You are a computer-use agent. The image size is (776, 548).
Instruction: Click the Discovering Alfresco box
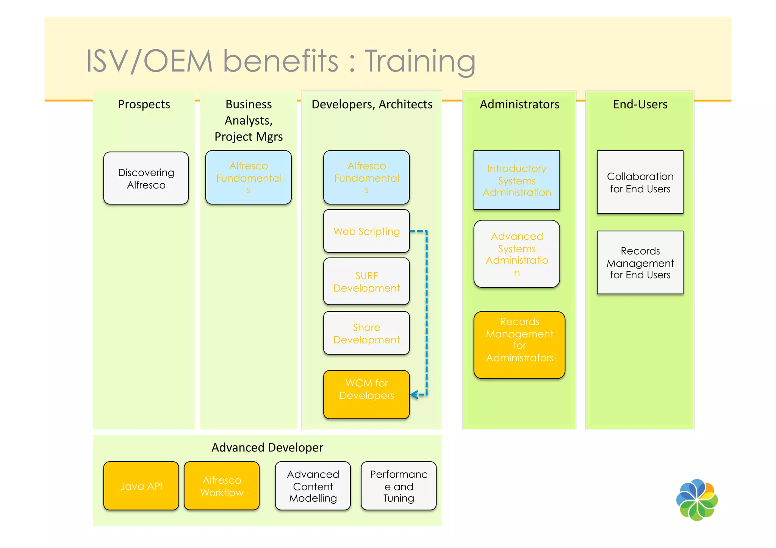[x=146, y=178]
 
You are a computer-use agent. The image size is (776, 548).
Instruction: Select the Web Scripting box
[x=366, y=231]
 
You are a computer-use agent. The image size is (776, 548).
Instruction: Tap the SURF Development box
[x=366, y=281]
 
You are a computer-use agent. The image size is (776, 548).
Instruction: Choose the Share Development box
[x=366, y=333]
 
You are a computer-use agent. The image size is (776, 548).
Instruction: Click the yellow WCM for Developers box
[x=366, y=394]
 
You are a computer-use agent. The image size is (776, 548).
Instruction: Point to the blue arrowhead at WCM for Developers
[x=414, y=395]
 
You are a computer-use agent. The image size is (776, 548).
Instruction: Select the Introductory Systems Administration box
[x=516, y=180]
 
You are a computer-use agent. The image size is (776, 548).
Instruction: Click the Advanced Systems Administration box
[x=516, y=254]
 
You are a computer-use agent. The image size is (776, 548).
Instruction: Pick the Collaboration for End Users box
[x=640, y=182]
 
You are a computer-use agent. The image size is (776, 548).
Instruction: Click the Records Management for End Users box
[x=640, y=262]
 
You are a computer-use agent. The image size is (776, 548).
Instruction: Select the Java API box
[x=141, y=486]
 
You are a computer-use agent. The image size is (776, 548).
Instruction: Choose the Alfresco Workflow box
[x=222, y=486]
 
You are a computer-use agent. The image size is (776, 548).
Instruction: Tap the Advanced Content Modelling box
[x=313, y=486]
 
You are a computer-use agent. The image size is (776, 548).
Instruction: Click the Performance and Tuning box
[x=399, y=486]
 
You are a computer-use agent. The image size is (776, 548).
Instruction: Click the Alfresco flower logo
[x=697, y=500]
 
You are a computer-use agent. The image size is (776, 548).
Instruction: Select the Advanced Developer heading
[x=267, y=448]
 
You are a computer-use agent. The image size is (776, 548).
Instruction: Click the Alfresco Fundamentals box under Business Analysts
[x=249, y=177]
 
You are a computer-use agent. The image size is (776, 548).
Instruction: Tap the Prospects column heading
[x=144, y=104]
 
